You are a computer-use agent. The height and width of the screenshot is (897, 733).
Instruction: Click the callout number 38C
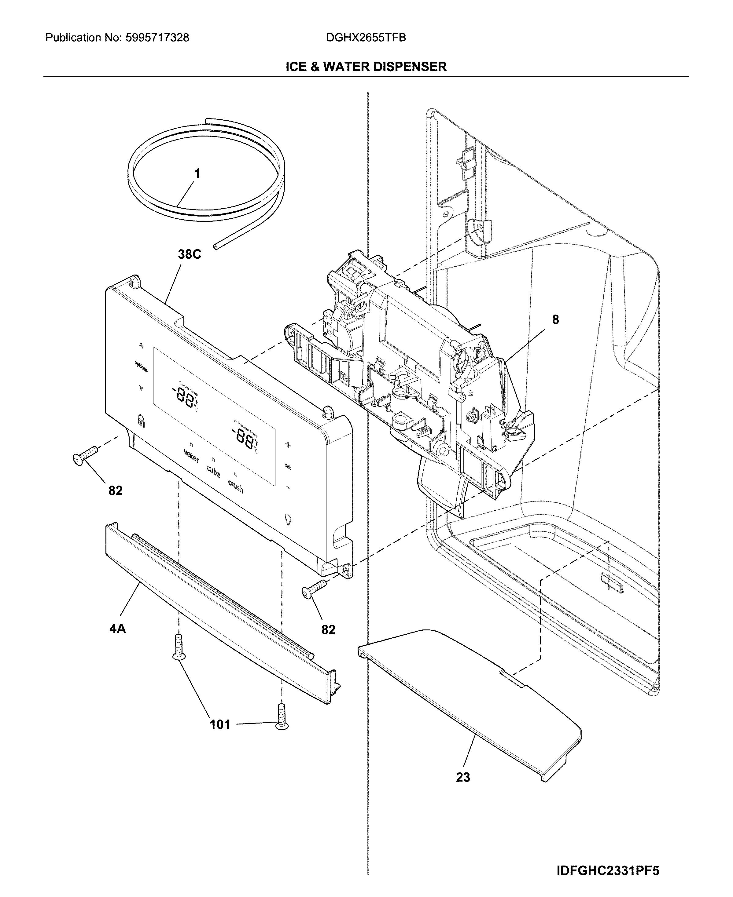point(189,254)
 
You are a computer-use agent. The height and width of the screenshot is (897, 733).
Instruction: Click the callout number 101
point(220,724)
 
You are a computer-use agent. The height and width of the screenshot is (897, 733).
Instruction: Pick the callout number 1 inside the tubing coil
point(197,174)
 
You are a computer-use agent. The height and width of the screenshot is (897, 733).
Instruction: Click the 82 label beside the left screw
point(115,491)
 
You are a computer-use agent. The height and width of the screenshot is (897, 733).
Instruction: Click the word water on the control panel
point(191,456)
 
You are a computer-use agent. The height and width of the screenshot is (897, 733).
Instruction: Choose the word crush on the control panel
point(236,487)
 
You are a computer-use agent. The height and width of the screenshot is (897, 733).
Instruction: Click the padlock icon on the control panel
point(140,421)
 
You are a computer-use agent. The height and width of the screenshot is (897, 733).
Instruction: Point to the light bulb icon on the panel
point(288,520)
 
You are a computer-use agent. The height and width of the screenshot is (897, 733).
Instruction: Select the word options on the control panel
point(141,366)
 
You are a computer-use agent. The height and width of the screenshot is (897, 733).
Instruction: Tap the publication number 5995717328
point(157,38)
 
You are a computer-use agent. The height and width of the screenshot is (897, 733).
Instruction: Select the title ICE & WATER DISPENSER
point(366,67)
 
